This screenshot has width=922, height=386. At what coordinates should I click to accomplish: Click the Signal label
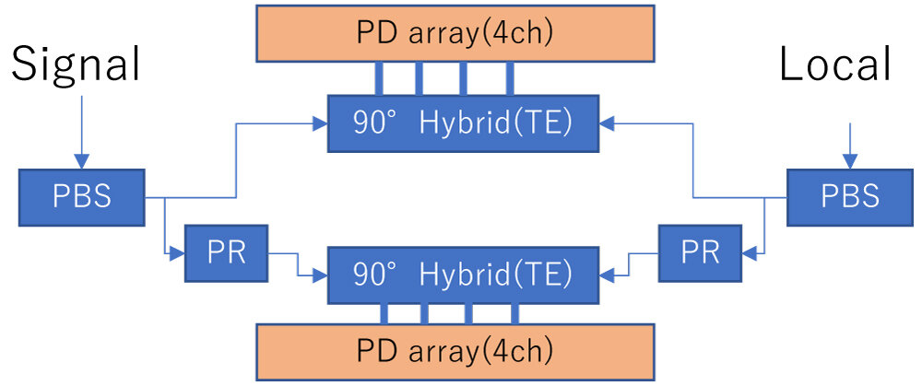76,67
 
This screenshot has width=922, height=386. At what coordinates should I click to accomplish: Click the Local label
835,65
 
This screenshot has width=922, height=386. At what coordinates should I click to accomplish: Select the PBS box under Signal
82,197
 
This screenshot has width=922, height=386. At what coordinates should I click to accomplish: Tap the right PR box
700,253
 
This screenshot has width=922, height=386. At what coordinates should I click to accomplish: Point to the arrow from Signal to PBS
81,129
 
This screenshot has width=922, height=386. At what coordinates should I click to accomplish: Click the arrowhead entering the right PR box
748,251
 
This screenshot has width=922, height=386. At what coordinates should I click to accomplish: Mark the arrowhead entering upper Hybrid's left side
322,122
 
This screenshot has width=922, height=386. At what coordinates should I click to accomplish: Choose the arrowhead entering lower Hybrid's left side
322,274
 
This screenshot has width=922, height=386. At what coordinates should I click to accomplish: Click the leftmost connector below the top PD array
378,77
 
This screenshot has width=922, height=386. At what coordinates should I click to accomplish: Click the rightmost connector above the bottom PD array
514,313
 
